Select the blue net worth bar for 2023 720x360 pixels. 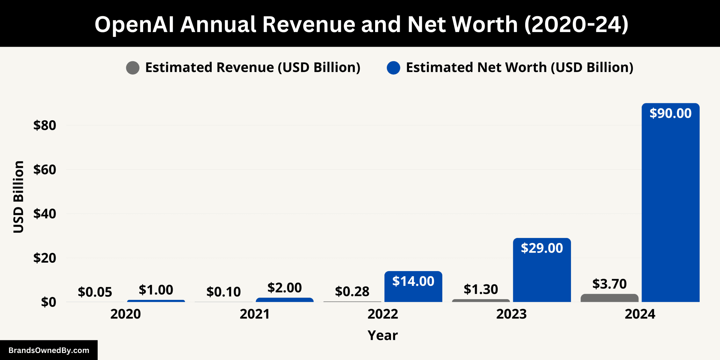[x=542, y=274]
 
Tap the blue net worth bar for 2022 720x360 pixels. [x=413, y=292]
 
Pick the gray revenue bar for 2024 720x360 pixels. [x=609, y=298]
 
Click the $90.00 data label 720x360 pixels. [x=670, y=113]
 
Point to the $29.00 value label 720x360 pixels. [x=542, y=248]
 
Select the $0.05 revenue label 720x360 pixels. [x=95, y=292]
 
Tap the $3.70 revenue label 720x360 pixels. [x=609, y=284]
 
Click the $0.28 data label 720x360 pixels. [x=352, y=291]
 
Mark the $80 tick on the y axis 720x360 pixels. [x=45, y=126]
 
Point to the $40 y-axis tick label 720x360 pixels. [x=45, y=214]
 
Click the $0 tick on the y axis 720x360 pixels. [x=49, y=302]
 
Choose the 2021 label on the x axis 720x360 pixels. [x=255, y=314]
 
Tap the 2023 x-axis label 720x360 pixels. [x=512, y=314]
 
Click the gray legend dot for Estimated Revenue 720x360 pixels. [x=133, y=68]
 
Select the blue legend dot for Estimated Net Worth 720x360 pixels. [x=393, y=68]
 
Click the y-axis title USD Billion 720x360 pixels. [x=18, y=197]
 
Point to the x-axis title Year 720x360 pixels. [x=382, y=335]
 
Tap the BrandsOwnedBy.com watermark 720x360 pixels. [x=49, y=350]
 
